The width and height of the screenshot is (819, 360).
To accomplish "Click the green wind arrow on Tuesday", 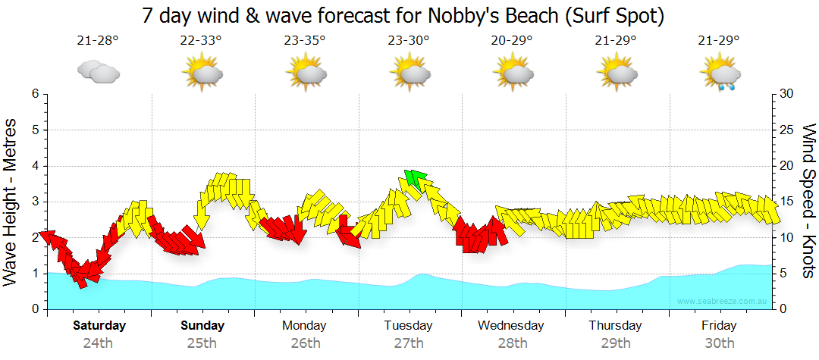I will click(414, 180).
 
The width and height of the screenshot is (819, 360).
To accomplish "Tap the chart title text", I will click(403, 16).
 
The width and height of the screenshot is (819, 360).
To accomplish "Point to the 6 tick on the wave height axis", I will click(35, 94).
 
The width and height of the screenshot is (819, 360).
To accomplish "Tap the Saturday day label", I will click(99, 326).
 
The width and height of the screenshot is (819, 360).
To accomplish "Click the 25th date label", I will click(202, 343).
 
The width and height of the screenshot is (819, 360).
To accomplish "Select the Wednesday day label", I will click(511, 326).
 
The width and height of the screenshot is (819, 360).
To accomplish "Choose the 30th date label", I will click(719, 343).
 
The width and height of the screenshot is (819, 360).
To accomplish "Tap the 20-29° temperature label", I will click(511, 41).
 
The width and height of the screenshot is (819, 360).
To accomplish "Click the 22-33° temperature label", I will click(201, 41).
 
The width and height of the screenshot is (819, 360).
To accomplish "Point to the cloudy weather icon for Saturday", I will click(99, 72).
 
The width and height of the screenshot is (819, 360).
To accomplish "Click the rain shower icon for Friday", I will click(720, 74).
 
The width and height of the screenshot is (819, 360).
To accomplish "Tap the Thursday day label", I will click(615, 326).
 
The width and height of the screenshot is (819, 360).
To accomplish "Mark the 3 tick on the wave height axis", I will click(35, 202).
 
